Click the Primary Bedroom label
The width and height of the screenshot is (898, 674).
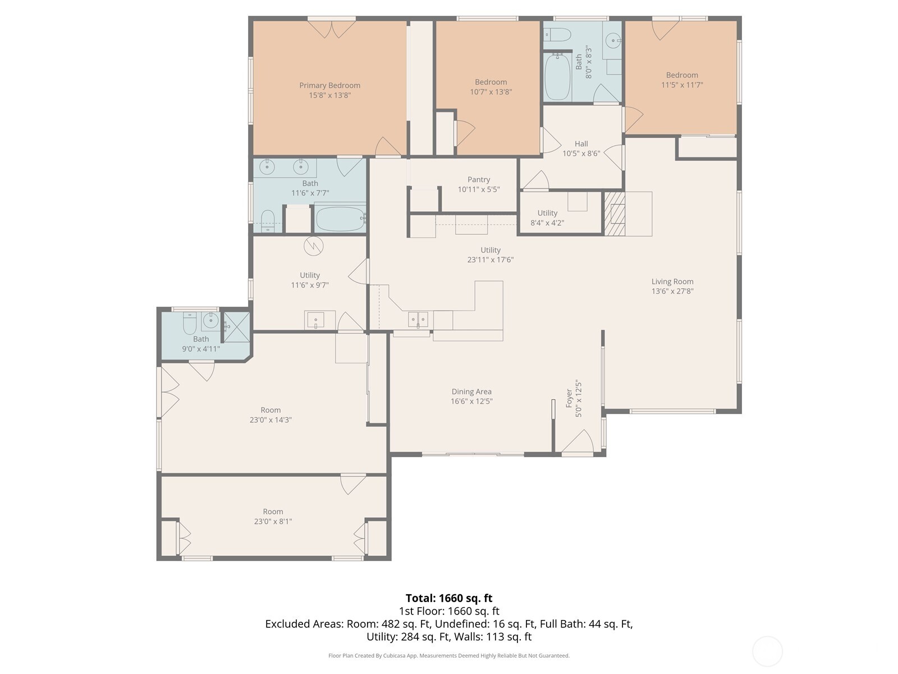(x=329, y=85)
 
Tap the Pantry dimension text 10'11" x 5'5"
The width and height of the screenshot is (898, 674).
(x=478, y=190)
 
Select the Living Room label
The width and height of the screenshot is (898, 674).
(x=672, y=281)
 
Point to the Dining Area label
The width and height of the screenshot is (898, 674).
(x=471, y=391)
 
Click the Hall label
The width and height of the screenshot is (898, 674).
(x=581, y=144)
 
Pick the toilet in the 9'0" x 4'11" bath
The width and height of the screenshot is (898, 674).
(x=190, y=324)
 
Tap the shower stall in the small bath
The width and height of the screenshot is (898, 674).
(x=237, y=326)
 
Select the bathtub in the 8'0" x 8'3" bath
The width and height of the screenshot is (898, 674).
(x=557, y=76)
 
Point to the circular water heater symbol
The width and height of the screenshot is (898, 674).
(x=314, y=246)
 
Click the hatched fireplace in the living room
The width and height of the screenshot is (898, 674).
(x=614, y=214)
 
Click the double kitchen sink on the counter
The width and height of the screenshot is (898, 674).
(x=418, y=319)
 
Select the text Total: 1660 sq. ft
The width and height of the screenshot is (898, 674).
(x=448, y=598)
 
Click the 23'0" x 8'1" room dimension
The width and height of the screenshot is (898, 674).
(x=273, y=521)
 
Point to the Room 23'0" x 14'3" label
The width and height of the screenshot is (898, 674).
(x=271, y=410)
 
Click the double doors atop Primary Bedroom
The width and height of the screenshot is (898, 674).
(x=332, y=29)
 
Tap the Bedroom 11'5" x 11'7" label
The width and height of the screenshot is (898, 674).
(x=682, y=75)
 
